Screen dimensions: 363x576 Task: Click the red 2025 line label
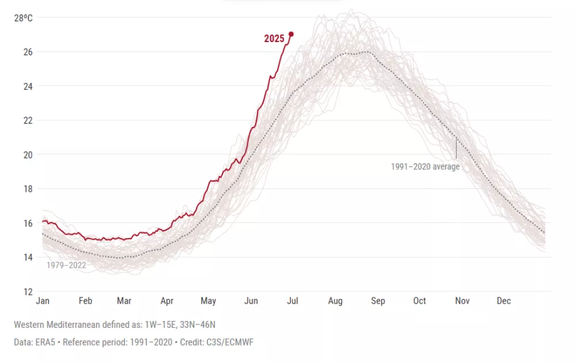274,39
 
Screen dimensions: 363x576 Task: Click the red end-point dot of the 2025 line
291,34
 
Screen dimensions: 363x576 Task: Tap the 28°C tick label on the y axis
24,18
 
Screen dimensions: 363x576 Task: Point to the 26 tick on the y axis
28,52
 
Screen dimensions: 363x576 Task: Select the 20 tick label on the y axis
28,154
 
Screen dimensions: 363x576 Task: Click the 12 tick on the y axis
28,291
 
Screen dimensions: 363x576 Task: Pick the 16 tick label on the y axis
28,223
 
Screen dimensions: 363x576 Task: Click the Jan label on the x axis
43,301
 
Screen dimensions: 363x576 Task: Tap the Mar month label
124,301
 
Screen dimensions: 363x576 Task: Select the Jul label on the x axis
292,301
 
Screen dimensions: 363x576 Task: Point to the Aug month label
335,301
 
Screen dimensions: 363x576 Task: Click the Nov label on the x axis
462,301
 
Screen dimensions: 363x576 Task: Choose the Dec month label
504,301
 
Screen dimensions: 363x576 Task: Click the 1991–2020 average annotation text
425,167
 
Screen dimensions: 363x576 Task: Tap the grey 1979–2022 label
66,266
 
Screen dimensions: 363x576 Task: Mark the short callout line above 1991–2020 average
456,149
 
